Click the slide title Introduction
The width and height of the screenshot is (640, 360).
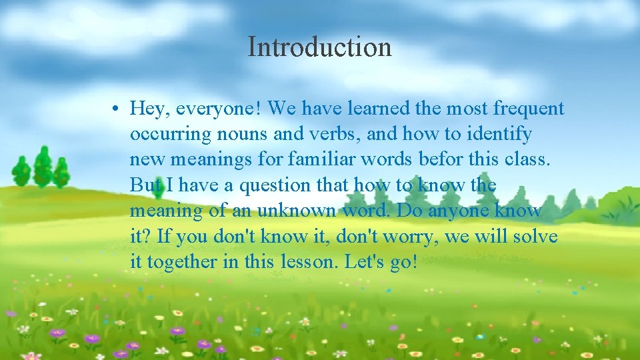coord(319,47)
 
